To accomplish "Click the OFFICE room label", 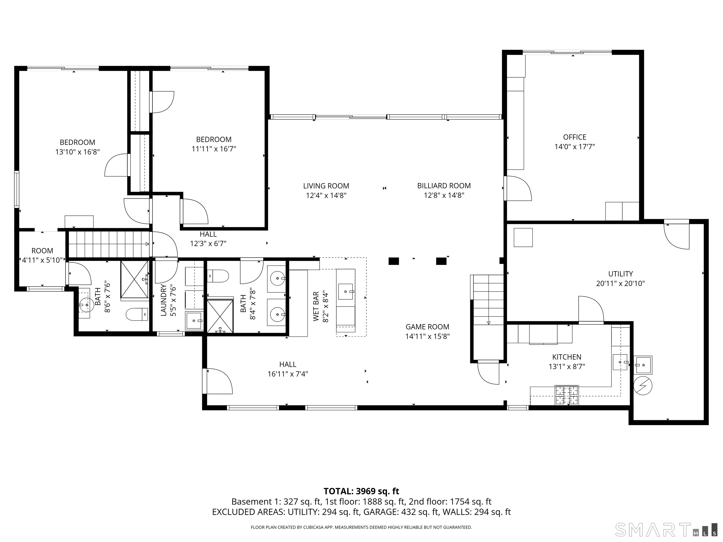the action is [x=574, y=137].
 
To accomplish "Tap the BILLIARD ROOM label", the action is [x=444, y=186].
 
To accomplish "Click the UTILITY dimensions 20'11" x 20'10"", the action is [x=620, y=283].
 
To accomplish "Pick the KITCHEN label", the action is [x=567, y=357].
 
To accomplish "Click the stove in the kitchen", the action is [x=566, y=395].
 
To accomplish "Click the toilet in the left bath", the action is [x=137, y=315].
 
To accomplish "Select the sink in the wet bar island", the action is [x=346, y=291].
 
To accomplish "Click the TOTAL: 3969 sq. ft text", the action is [x=361, y=491].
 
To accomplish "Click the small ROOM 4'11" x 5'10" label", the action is [x=42, y=255].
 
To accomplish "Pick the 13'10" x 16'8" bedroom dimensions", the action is [x=77, y=152].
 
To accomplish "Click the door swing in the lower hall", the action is [x=217, y=381].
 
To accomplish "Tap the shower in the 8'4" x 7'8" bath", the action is [x=220, y=316].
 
